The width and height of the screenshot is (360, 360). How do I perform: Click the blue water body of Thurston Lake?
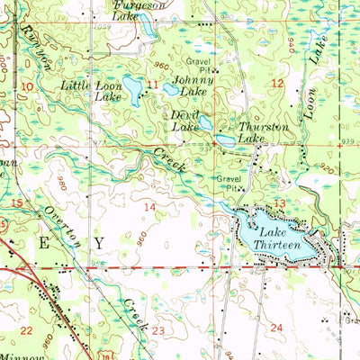tap(224, 139)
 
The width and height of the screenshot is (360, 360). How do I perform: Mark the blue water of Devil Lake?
tap(205, 123)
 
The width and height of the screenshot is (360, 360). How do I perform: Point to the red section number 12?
tap(277, 83)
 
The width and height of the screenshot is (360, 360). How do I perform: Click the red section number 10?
tap(28, 85)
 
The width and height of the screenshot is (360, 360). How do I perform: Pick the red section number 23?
tap(158, 331)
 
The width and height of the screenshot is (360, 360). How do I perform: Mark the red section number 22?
tap(26, 330)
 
